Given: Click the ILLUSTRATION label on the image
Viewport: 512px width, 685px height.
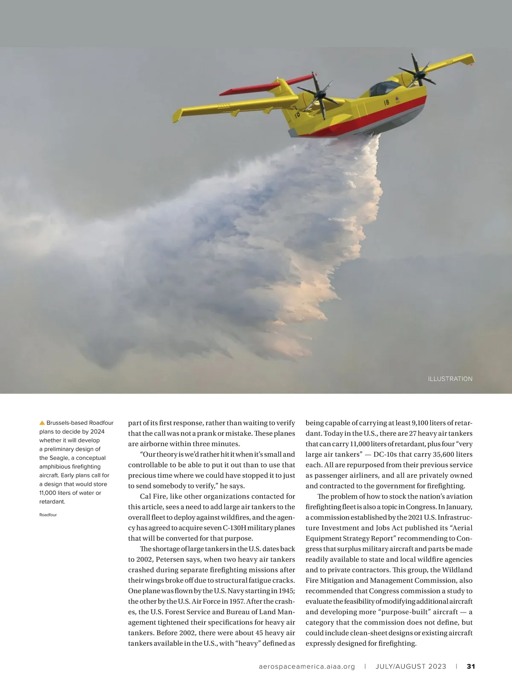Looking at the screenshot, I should [x=450, y=379].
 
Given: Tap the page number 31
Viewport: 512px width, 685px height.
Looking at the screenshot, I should [x=471, y=666].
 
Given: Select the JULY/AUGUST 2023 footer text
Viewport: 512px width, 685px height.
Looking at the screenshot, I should [x=411, y=666].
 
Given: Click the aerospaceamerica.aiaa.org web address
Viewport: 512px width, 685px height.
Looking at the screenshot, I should [x=307, y=666].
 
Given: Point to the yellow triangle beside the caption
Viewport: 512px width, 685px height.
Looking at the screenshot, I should [x=42, y=423].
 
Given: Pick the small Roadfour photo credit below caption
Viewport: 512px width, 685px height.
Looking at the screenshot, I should [x=48, y=515].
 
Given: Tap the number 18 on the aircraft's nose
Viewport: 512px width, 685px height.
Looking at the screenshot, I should [x=386, y=102].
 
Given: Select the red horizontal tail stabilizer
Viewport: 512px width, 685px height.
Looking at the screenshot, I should [x=267, y=85].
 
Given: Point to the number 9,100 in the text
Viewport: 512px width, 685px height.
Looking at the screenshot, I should [x=422, y=423].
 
